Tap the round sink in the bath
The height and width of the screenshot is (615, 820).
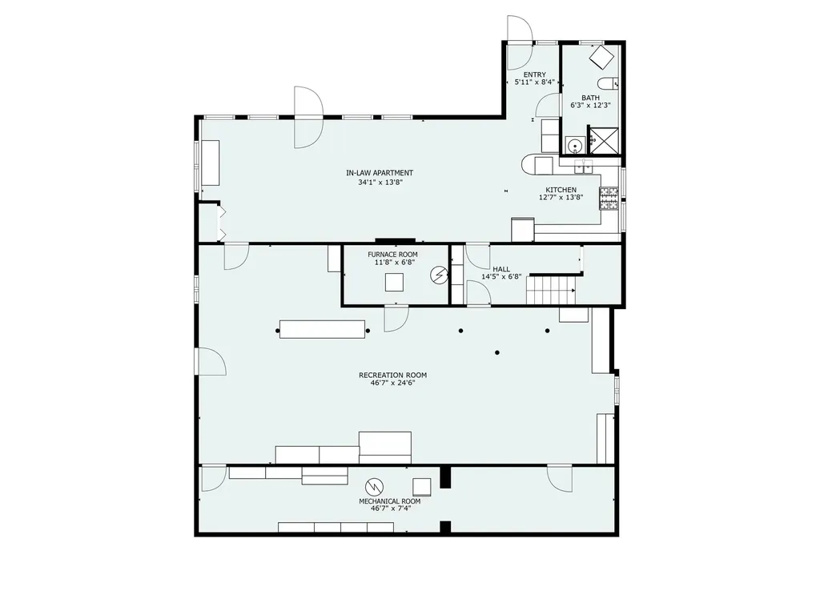click(575, 146)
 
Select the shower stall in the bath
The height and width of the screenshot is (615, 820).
click(604, 140)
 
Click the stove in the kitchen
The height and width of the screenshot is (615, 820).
click(609, 199)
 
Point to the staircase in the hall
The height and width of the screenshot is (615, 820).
click(551, 289)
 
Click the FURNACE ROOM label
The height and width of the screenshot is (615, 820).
click(392, 255)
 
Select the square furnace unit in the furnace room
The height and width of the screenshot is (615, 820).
click(394, 283)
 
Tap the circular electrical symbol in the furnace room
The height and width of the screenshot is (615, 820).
click(440, 275)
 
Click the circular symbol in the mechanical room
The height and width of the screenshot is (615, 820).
click(375, 486)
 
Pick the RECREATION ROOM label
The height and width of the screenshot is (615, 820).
click(392, 375)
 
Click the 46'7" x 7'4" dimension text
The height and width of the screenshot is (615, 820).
click(391, 508)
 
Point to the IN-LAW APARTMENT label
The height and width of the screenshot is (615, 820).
click(380, 173)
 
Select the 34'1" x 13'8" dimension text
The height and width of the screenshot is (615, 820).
click(380, 183)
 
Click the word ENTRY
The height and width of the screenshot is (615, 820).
click(534, 74)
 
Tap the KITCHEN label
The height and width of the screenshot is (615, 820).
click(561, 190)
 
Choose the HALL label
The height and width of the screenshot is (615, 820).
click(501, 269)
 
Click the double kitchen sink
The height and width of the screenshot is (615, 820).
click(583, 167)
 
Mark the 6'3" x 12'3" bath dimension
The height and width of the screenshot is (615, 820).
click(590, 105)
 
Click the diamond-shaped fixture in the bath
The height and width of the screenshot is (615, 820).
click(601, 57)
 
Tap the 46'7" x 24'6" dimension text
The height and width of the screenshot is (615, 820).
click(392, 383)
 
